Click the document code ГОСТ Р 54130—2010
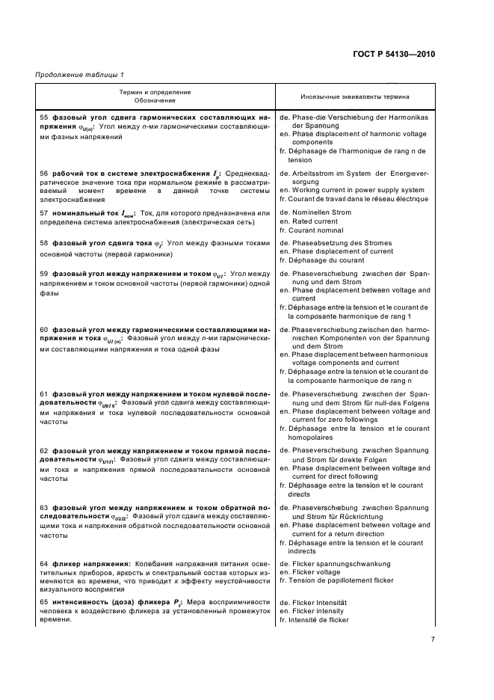[x=392, y=55]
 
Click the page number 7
[x=433, y=639]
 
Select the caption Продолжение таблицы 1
[x=80, y=74]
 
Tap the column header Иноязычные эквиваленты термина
[x=354, y=96]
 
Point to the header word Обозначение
[x=155, y=100]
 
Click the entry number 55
[x=43, y=118]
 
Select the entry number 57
[x=43, y=213]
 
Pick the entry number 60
[x=43, y=329]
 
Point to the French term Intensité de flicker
[x=318, y=620]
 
